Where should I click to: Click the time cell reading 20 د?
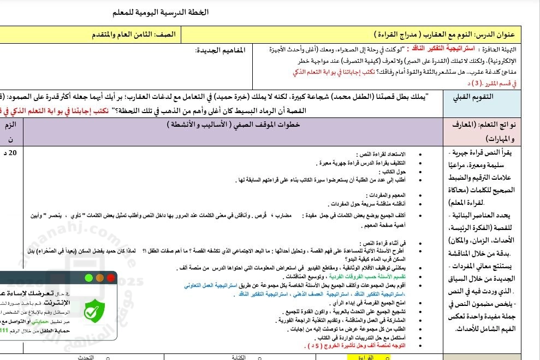[13, 152]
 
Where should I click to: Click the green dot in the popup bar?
[89, 278]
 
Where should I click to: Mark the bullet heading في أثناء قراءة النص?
[378, 243]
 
